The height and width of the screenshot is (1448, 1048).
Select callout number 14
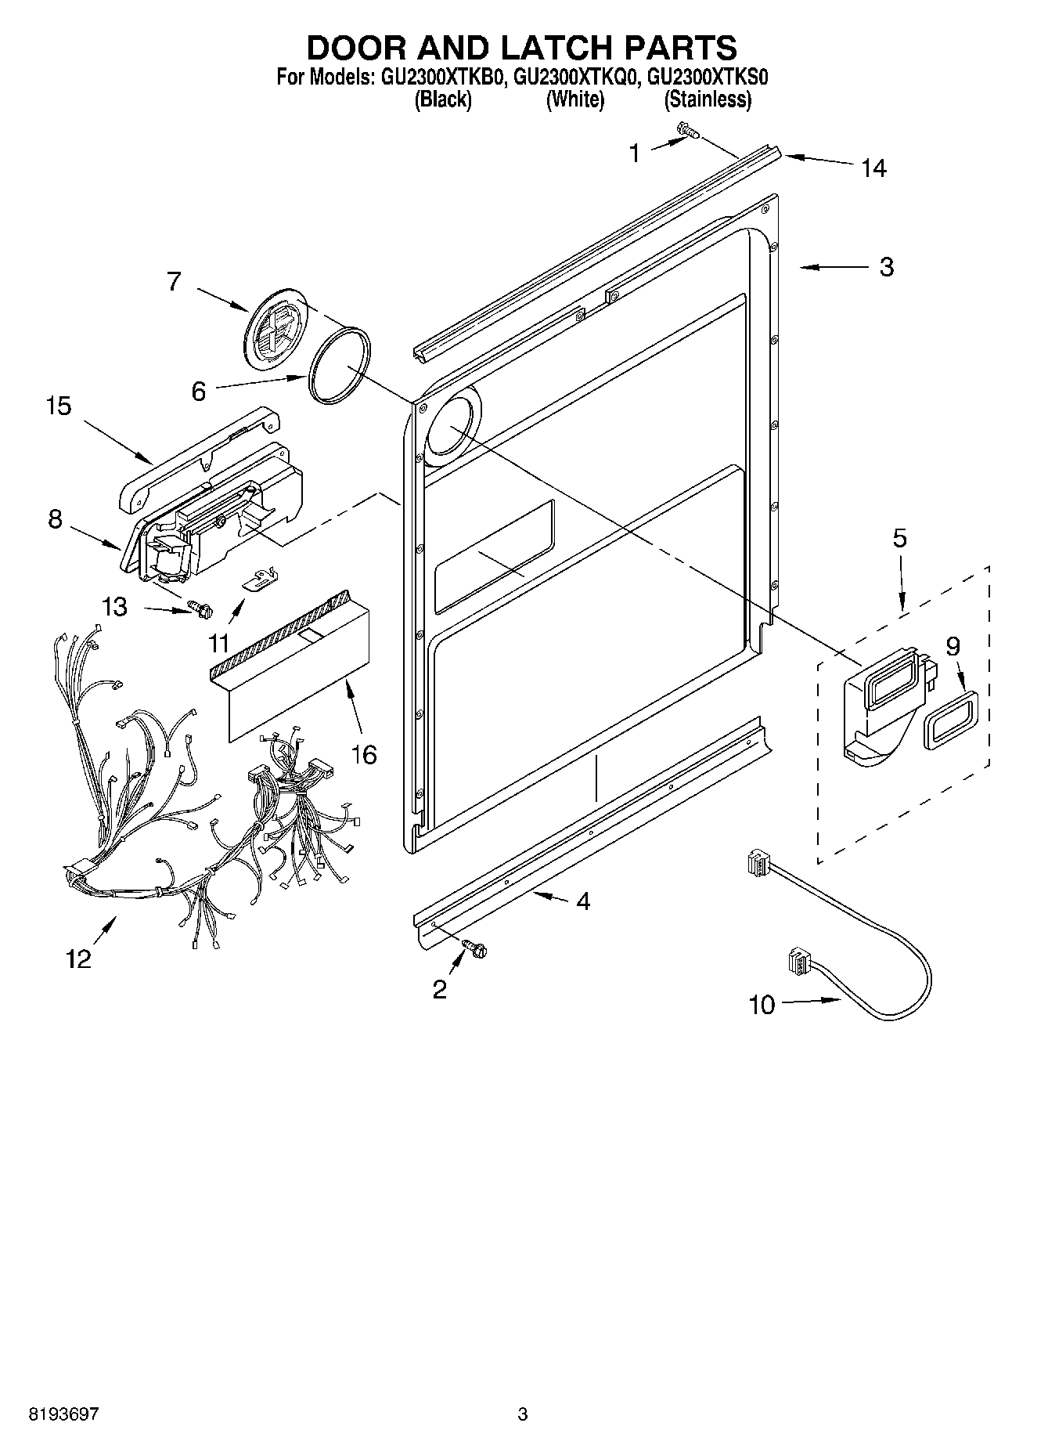(x=873, y=168)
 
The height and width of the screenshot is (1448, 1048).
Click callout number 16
(x=364, y=754)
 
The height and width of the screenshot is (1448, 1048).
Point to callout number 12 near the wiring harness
(x=78, y=958)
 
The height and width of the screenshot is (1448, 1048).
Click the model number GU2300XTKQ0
(x=577, y=78)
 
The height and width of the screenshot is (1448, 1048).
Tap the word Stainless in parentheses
(x=708, y=99)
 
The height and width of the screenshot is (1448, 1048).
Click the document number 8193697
(x=63, y=1414)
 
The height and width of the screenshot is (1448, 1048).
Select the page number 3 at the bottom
(x=523, y=1414)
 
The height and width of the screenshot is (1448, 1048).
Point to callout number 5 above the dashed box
(x=899, y=539)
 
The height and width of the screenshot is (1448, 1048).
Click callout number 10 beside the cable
(x=762, y=1004)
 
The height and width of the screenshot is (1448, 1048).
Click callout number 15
(x=58, y=406)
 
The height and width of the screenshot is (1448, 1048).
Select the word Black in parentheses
(x=443, y=99)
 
